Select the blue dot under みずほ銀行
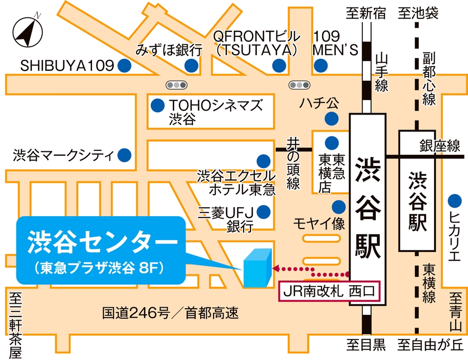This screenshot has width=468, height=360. pyautogui.click(x=190, y=65)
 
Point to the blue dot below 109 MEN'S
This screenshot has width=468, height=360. pyautogui.click(x=321, y=65)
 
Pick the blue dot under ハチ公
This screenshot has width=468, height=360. pyautogui.click(x=330, y=119)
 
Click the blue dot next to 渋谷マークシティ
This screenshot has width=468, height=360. pyautogui.click(x=124, y=155)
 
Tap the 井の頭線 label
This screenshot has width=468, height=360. pyautogui.click(x=293, y=164)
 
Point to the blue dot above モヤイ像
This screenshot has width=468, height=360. pyautogui.click(x=339, y=205)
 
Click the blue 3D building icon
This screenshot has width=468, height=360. pyautogui.click(x=257, y=268)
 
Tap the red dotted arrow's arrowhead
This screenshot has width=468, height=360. pyautogui.click(x=276, y=268)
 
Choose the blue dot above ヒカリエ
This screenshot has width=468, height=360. pyautogui.click(x=454, y=201)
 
